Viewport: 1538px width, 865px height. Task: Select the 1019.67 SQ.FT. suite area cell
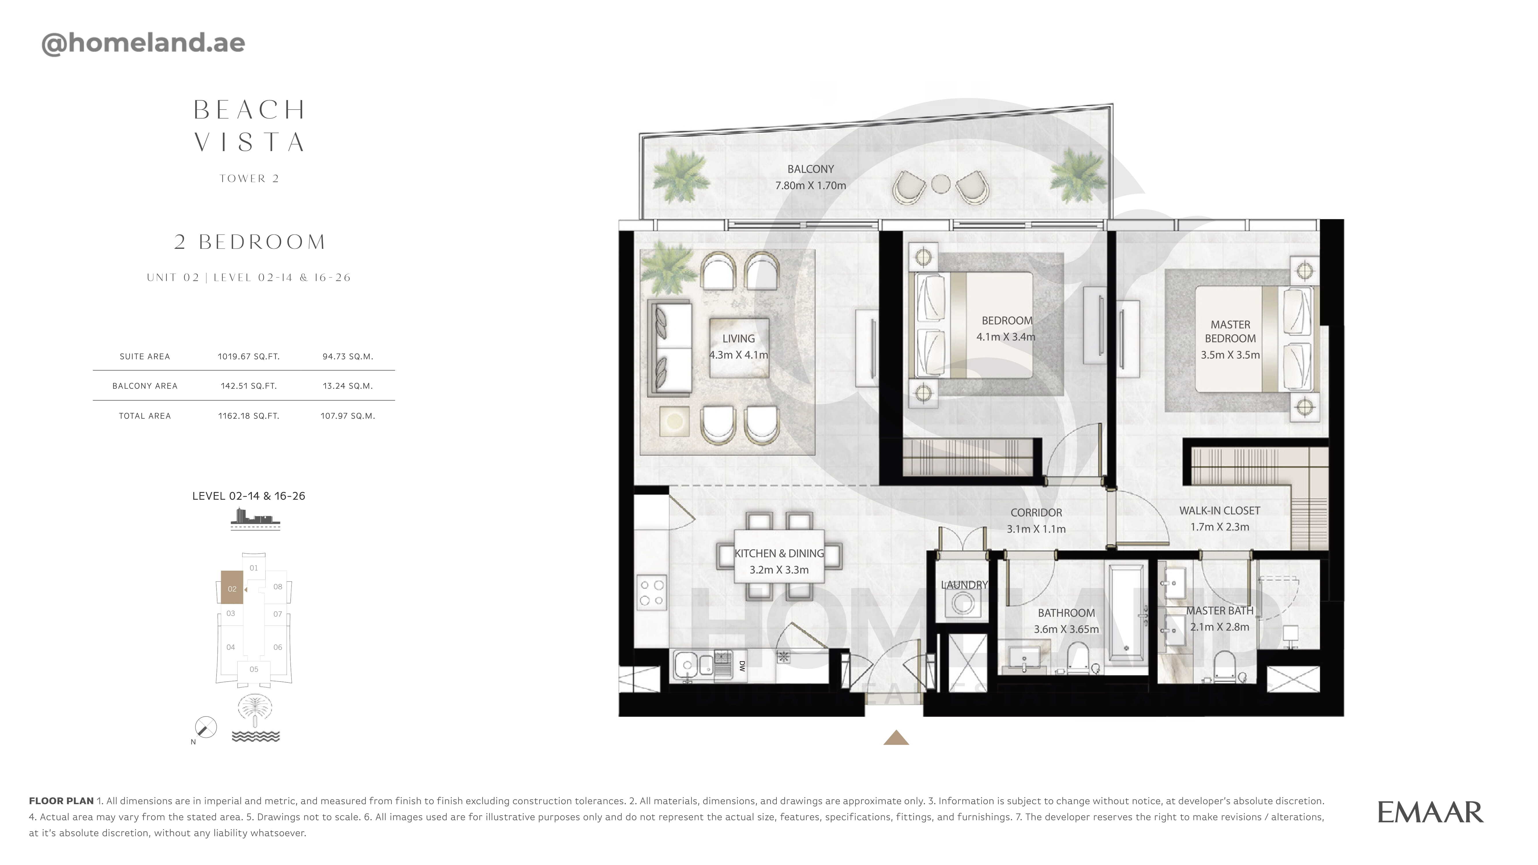(x=248, y=356)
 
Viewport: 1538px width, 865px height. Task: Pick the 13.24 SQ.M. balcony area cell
(x=347, y=386)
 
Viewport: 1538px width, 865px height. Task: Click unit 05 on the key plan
(x=254, y=669)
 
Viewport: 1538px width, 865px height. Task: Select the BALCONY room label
(x=810, y=169)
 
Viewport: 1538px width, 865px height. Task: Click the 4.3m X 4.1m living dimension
(x=738, y=355)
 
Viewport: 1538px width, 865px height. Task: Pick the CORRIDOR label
(x=1036, y=512)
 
